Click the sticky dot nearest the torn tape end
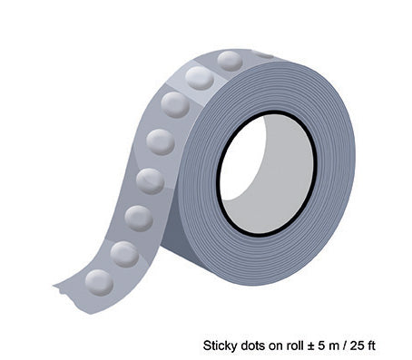click(x=99, y=283)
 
